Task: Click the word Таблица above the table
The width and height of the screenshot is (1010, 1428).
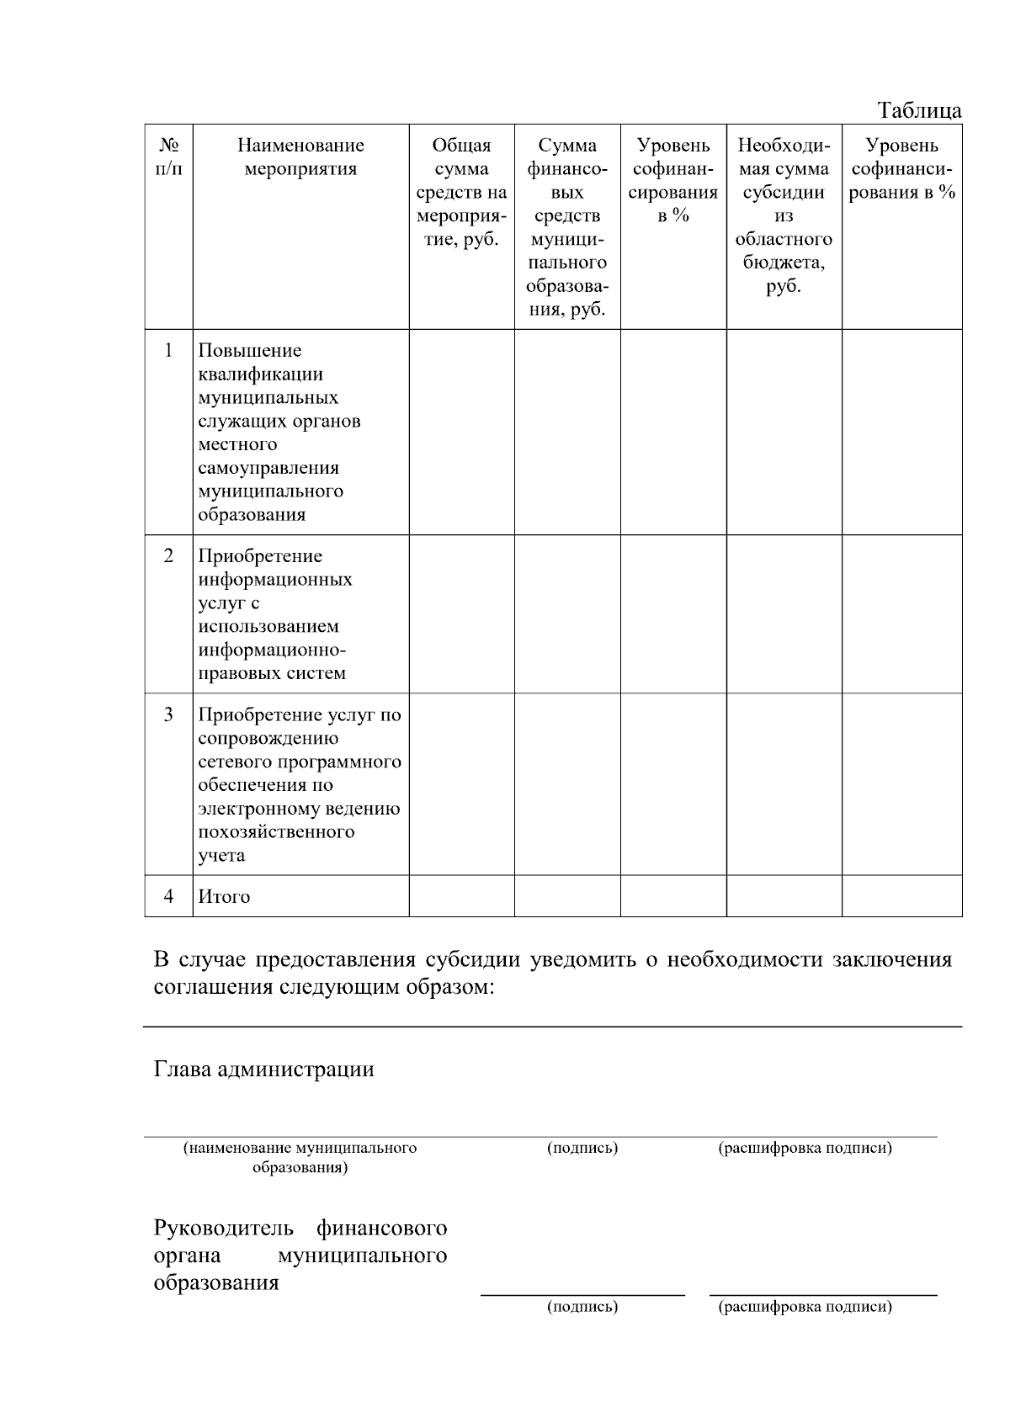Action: coord(919,110)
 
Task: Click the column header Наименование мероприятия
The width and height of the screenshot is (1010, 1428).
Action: coord(300,157)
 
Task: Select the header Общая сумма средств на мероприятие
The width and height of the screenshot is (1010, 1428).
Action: coord(461,193)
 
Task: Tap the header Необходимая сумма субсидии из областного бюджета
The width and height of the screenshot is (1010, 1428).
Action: coord(784,216)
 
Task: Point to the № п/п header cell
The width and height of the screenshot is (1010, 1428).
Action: coord(168,157)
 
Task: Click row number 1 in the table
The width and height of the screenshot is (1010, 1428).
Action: coord(168,350)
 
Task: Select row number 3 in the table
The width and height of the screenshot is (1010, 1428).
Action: coord(168,714)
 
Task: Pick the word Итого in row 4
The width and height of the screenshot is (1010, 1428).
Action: coord(224,897)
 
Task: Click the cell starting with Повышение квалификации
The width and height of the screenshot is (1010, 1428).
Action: coord(279,432)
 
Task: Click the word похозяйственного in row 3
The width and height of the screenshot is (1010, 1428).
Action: coord(276,832)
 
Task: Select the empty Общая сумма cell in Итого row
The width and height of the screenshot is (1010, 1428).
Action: coord(461,896)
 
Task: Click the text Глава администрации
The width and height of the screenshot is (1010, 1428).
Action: coord(263,1070)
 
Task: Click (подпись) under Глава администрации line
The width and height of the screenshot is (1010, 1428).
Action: coord(582,1149)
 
